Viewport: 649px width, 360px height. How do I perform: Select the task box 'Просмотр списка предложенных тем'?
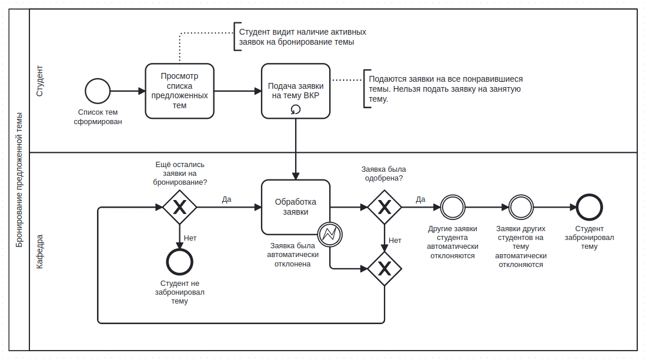tap(180, 91)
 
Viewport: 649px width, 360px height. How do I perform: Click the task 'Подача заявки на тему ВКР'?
tap(296, 91)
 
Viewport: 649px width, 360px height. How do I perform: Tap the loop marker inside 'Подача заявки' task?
tap(296, 109)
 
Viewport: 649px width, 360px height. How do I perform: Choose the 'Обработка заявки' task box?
tap(296, 207)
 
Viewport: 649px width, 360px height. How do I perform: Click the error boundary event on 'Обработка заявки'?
tap(330, 235)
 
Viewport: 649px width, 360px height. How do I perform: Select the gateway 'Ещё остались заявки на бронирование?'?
tap(180, 207)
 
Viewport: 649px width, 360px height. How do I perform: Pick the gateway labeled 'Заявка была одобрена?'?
tap(384, 207)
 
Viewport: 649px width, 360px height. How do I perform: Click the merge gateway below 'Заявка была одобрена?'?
tap(384, 269)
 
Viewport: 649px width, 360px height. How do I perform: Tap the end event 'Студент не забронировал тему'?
tap(180, 262)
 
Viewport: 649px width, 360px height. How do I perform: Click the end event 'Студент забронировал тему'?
tap(590, 207)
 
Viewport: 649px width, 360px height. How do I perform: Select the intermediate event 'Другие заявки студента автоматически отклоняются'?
tap(453, 207)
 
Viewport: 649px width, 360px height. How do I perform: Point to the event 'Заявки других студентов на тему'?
tap(521, 207)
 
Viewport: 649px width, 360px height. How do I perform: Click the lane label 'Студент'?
tap(40, 81)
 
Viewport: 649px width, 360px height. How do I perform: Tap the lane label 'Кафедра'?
tap(40, 252)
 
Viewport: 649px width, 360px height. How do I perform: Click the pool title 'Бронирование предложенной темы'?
tap(19, 180)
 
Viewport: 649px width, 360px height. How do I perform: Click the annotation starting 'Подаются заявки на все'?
tap(446, 89)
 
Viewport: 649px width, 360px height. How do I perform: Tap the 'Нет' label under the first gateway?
tap(190, 238)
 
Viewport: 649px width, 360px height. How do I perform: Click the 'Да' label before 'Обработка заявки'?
tap(226, 199)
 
